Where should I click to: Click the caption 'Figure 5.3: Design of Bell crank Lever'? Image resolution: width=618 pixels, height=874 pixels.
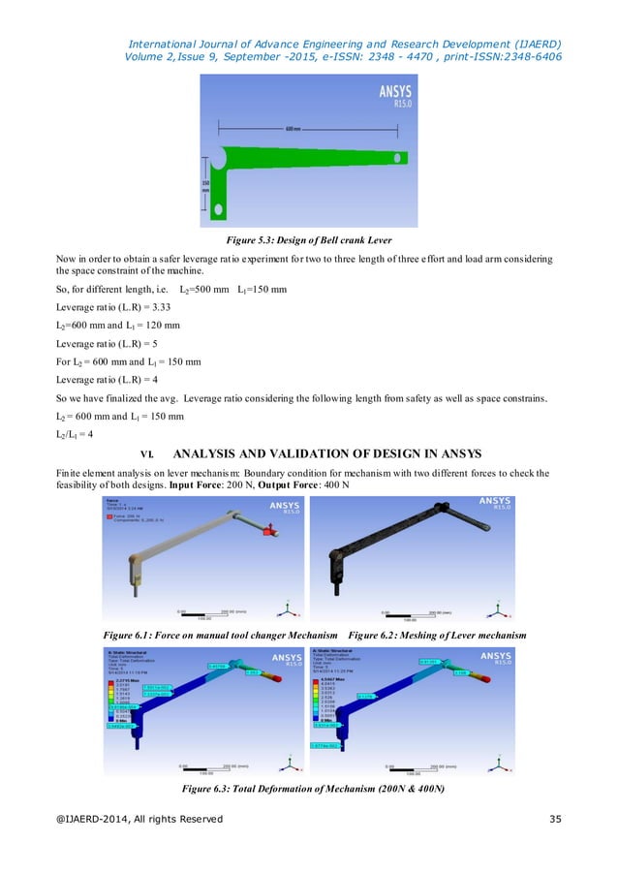(x=308, y=237)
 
